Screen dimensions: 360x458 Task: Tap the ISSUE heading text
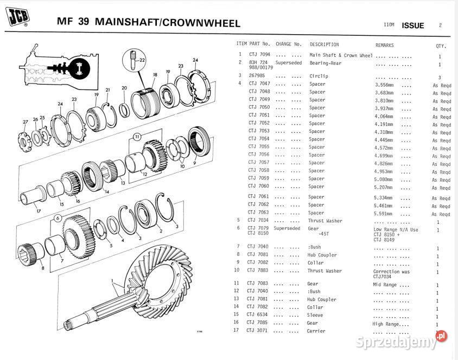[413, 25]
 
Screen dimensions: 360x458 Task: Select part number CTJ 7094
[259, 55]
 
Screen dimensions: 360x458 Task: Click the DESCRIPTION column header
[324, 44]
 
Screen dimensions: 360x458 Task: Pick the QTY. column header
[441, 46]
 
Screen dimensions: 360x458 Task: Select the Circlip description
[319, 76]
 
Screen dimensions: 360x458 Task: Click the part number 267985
[257, 76]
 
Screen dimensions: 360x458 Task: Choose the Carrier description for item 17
[316, 331]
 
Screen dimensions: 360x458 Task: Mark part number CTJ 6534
[258, 315]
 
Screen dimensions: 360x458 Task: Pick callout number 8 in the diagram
[42, 267]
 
